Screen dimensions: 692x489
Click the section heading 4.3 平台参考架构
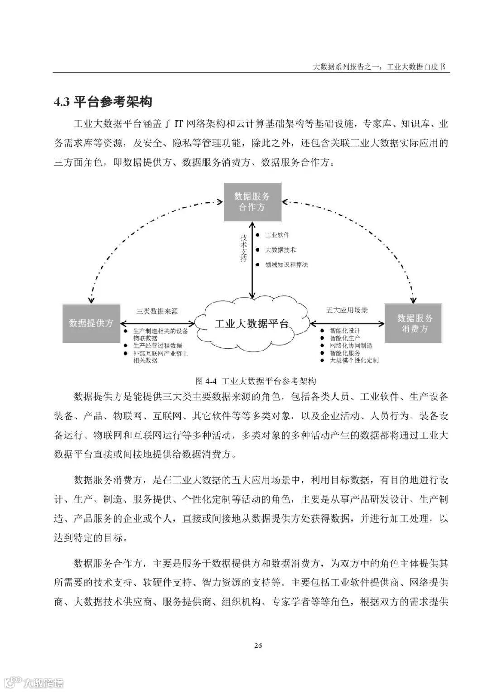click(103, 102)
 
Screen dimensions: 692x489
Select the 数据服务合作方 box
click(252, 202)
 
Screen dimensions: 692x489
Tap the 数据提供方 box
click(91, 323)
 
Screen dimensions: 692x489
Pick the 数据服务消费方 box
click(413, 323)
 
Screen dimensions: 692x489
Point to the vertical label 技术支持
click(244, 248)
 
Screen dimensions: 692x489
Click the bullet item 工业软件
click(277, 235)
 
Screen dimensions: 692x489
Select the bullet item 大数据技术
click(280, 250)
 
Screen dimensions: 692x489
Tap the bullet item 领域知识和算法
click(286, 264)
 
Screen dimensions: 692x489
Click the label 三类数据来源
click(157, 311)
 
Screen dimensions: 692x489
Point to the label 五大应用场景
click(347, 310)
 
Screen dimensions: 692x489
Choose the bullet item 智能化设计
click(345, 331)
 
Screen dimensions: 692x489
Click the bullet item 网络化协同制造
click(351, 345)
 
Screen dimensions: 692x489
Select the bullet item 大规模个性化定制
click(354, 360)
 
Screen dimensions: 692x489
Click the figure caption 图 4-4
click(255, 380)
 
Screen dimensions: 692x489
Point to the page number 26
click(258, 645)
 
